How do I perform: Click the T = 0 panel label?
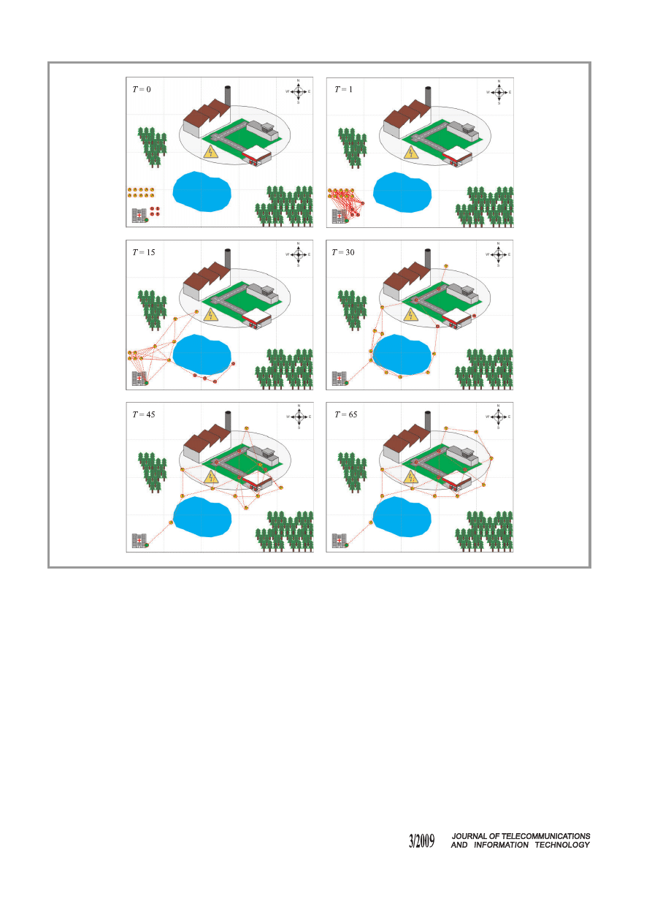pyautogui.click(x=142, y=89)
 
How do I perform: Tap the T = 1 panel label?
pyautogui.click(x=343, y=89)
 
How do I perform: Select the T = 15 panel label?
pyautogui.click(x=144, y=252)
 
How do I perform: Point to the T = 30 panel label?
pyautogui.click(x=343, y=252)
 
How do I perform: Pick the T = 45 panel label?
pyautogui.click(x=144, y=414)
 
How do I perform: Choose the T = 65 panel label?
pyautogui.click(x=346, y=414)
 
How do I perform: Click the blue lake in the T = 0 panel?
pyautogui.click(x=202, y=191)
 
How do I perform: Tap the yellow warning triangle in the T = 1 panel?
pyautogui.click(x=411, y=152)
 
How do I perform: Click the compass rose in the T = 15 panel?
pyautogui.click(x=299, y=254)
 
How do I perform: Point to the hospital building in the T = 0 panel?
pyautogui.click(x=139, y=216)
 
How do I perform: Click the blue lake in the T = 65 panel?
pyautogui.click(x=402, y=517)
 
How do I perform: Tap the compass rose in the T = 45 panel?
pyautogui.click(x=299, y=417)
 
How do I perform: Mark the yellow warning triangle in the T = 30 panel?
pyautogui.click(x=411, y=314)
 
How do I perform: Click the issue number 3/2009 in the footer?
pyautogui.click(x=421, y=840)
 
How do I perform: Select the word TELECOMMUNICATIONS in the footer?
pyautogui.click(x=546, y=836)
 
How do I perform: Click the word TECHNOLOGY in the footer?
pyautogui.click(x=562, y=845)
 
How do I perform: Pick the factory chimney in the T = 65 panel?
pyautogui.click(x=428, y=421)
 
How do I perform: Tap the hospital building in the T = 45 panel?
pyautogui.click(x=139, y=541)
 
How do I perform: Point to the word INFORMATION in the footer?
pyautogui.click(x=501, y=845)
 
